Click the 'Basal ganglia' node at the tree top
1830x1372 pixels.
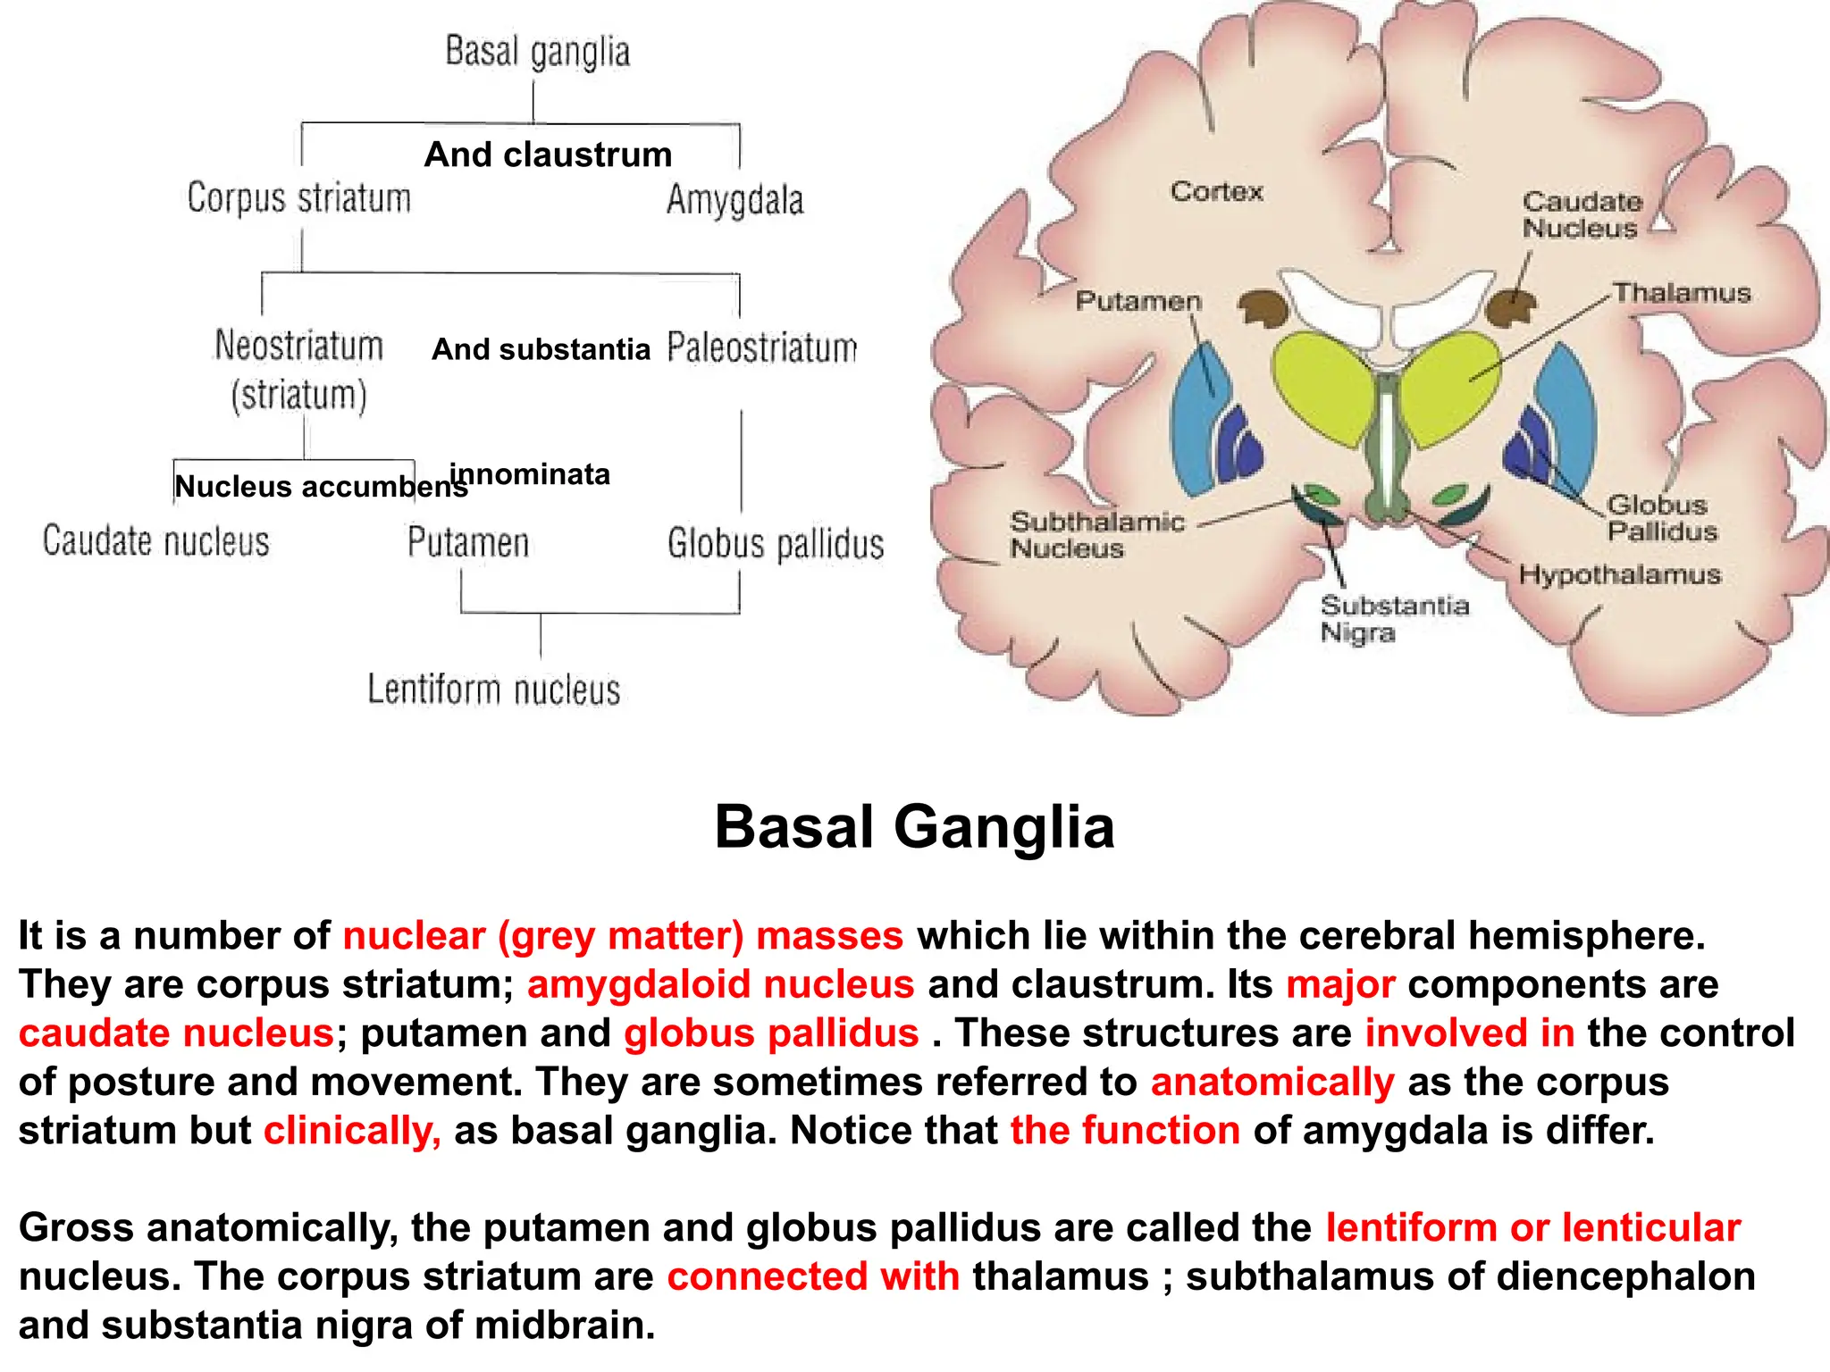click(x=537, y=52)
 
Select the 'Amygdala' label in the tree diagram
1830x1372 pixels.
click(x=735, y=200)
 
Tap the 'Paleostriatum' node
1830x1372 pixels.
click(x=761, y=348)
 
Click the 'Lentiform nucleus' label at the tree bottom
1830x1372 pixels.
click(x=493, y=690)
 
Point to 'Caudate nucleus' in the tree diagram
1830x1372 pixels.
click(x=155, y=542)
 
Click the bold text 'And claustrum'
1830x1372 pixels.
click(x=548, y=155)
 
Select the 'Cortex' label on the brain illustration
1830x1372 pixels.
click(x=1216, y=191)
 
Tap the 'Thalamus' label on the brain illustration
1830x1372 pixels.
click(x=1681, y=293)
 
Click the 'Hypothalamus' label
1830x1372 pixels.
click(x=1619, y=574)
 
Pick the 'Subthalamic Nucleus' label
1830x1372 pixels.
click(x=1096, y=535)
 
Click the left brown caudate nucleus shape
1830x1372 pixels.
click(x=1263, y=309)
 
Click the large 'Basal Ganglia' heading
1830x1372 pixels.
click(x=914, y=826)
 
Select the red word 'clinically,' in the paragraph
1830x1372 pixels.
click(x=352, y=1130)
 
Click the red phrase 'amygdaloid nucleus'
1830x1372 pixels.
click(x=720, y=984)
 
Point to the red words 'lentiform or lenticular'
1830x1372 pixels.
click(x=1532, y=1227)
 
